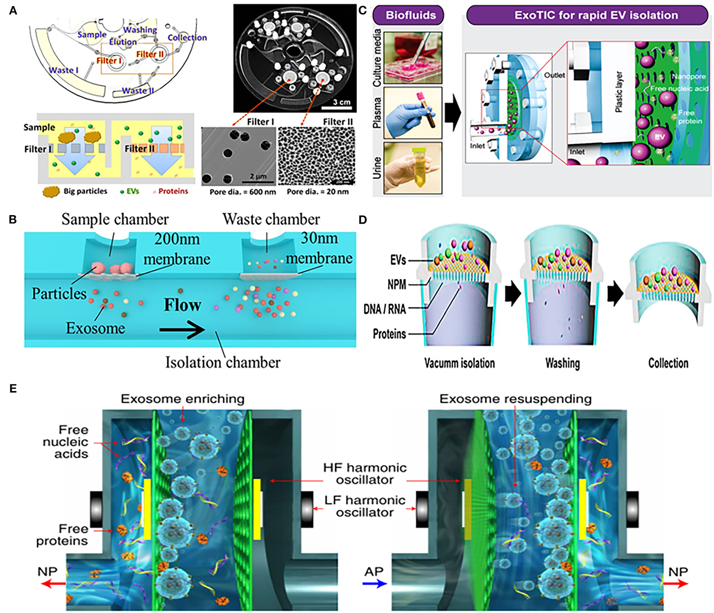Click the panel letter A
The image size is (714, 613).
tap(13, 10)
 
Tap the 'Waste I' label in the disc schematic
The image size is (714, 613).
tap(63, 70)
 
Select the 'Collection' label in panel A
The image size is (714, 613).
tap(187, 37)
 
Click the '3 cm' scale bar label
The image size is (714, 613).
tap(341, 102)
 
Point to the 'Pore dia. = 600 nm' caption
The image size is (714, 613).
tap(243, 192)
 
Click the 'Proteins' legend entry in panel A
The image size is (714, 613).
tap(173, 191)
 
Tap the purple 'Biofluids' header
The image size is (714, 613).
tap(410, 15)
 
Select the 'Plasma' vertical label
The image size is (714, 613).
tap(377, 112)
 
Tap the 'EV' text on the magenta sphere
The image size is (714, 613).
tap(659, 137)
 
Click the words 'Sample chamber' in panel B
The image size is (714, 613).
tap(115, 220)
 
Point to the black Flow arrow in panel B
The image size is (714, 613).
tap(182, 330)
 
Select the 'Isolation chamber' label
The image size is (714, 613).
tap(223, 362)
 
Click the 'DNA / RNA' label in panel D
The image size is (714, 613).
tap(384, 309)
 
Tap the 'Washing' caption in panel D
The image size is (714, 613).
tap(562, 363)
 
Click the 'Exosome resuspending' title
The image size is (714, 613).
tap(515, 399)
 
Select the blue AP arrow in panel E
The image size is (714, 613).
tap(375, 583)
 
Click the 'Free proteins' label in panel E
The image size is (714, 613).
tap(62, 534)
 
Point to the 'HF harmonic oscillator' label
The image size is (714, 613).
tap(365, 474)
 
